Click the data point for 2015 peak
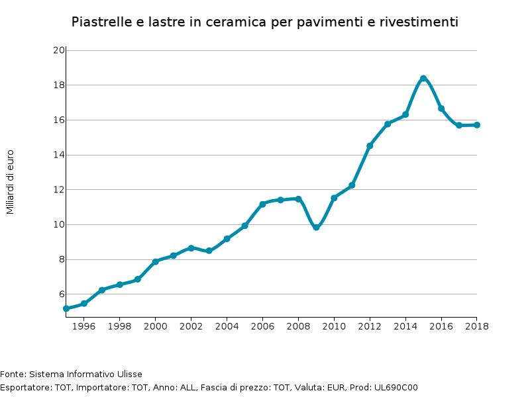coord(423,79)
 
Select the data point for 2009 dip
coord(316,227)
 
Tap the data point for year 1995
coord(66,308)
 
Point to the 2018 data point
coord(476,125)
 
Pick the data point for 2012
coord(370,146)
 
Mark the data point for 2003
coord(209,251)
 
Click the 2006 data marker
coord(262,204)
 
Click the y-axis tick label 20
coord(58,50)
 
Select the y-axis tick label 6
coord(61,294)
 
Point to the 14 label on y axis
coord(58,155)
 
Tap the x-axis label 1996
coord(84,326)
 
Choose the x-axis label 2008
coord(298,326)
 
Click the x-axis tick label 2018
coord(476,326)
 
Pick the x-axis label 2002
coord(191,326)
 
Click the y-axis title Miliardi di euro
coord(10,181)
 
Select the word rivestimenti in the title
coord(419,22)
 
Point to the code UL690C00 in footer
coord(397,388)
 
